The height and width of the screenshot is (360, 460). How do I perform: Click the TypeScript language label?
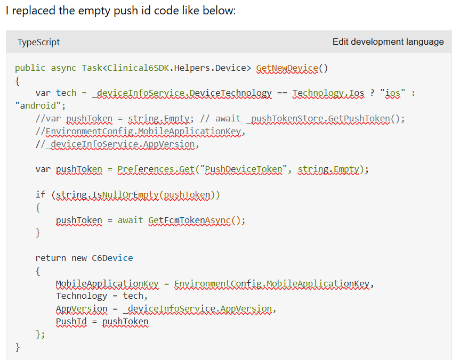(38, 42)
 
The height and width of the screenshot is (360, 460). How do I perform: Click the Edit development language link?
(388, 42)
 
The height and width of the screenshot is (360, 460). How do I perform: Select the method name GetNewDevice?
(287, 68)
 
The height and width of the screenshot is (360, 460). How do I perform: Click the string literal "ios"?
(392, 93)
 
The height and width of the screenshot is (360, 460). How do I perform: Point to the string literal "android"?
(38, 105)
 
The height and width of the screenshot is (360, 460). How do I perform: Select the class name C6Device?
(112, 258)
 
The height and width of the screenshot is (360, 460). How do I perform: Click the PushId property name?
(71, 322)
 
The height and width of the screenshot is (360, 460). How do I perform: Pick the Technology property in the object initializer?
(81, 296)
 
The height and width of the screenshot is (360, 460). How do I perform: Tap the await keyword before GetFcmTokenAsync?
(130, 220)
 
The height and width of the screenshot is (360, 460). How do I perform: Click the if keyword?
(41, 195)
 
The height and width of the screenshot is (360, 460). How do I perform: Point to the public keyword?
(30, 68)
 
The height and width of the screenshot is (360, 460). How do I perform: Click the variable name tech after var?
(66, 93)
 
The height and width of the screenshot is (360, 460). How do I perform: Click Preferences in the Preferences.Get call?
(146, 169)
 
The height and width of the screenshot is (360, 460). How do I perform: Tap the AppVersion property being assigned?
(82, 309)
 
